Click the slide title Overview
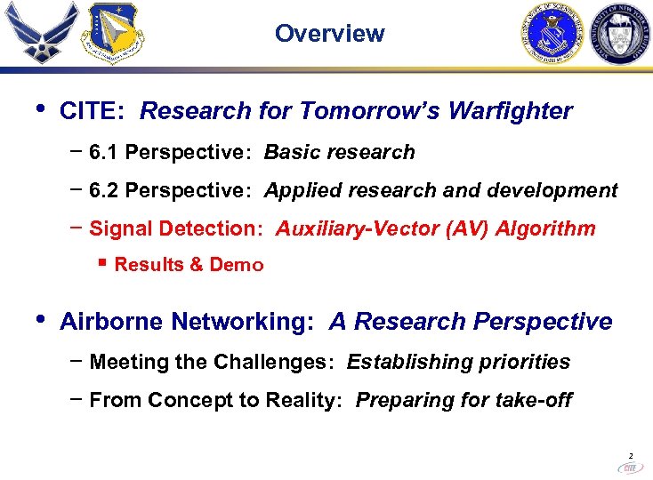click(x=329, y=34)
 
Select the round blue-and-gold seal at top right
click(x=551, y=34)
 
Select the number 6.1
click(x=104, y=153)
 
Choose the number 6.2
click(x=104, y=191)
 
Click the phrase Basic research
click(x=339, y=153)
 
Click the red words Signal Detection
click(x=175, y=229)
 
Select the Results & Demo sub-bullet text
click(x=189, y=265)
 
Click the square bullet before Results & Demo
click(x=103, y=263)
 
